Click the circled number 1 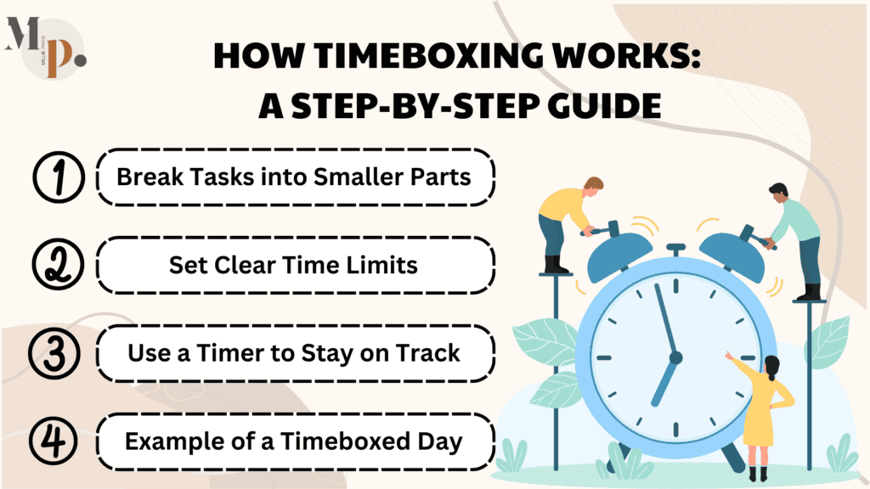57,178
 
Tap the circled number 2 56,265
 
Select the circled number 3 57,353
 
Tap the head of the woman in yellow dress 772,367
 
